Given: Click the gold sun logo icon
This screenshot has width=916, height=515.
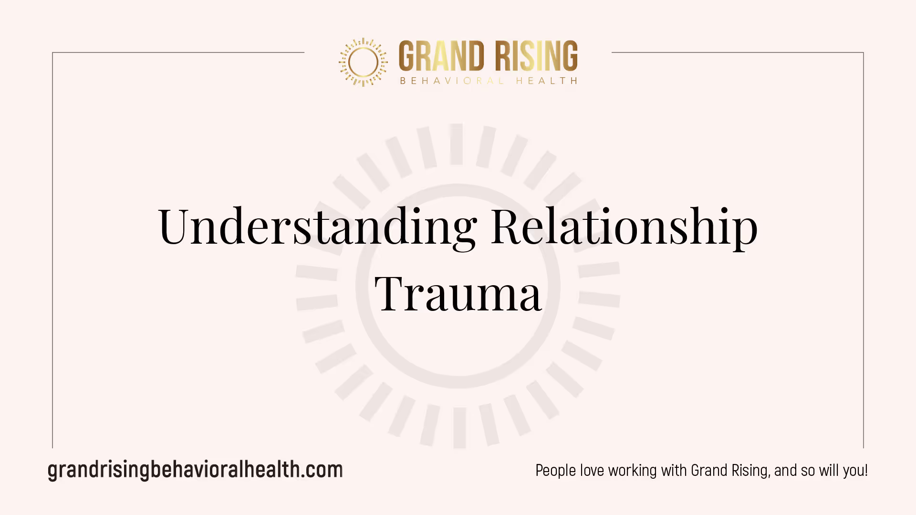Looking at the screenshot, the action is pyautogui.click(x=363, y=62).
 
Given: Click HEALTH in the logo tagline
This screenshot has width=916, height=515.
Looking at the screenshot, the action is pyautogui.click(x=547, y=81).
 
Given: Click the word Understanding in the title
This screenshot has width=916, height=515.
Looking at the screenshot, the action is pyautogui.click(x=317, y=227).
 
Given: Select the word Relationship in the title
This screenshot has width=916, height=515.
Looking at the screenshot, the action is pyautogui.click(x=625, y=227).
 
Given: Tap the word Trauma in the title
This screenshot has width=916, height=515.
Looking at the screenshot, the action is pyautogui.click(x=458, y=294).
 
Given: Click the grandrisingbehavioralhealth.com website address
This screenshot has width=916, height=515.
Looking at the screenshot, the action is pyautogui.click(x=195, y=470).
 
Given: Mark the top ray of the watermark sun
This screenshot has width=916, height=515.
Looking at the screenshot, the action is pyautogui.click(x=457, y=144).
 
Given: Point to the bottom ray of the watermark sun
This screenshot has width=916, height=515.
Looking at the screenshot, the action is pyautogui.click(x=459, y=428).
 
